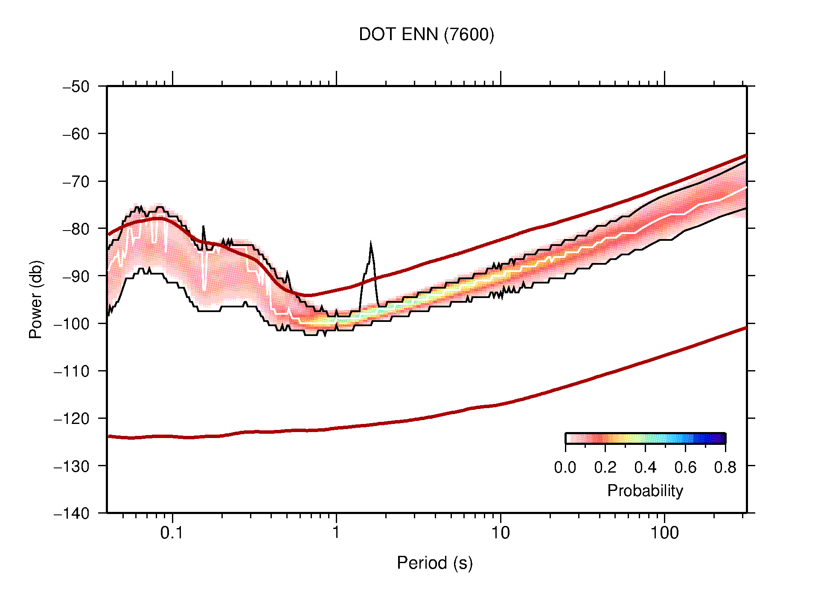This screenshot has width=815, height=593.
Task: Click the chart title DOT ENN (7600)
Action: point(426,35)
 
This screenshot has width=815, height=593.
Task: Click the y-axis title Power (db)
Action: point(36,299)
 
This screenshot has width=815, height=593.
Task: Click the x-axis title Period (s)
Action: point(434,563)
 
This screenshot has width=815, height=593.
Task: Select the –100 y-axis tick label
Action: point(72,324)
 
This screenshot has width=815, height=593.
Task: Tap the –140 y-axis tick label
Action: point(72,513)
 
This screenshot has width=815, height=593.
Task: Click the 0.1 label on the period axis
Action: point(172,533)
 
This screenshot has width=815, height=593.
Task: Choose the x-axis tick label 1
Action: point(336,533)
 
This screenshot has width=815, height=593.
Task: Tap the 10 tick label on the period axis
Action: point(500,533)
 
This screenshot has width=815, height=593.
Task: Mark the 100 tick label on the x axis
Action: point(664,533)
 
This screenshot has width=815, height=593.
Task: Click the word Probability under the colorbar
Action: point(645,491)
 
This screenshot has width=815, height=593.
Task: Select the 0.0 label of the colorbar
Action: point(565,467)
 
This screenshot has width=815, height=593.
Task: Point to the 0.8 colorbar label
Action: point(725,467)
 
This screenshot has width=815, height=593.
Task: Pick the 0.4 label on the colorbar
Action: point(645,467)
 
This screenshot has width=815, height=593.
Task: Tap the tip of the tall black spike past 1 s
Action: point(371,243)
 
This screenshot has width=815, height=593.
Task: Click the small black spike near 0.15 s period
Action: point(204,227)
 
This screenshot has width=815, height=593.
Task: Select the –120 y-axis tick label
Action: point(72,418)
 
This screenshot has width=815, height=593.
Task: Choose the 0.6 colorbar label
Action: point(685,467)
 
